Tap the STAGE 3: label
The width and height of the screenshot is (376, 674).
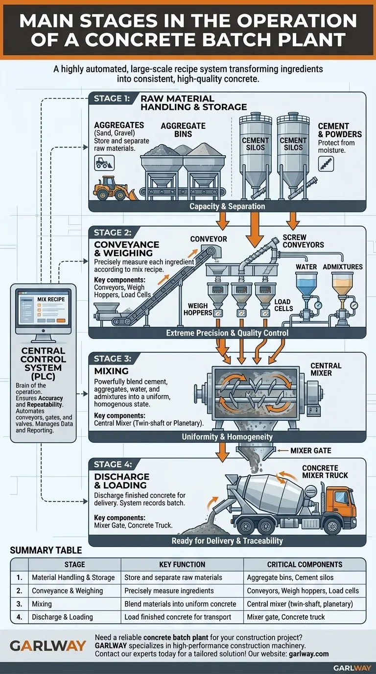[112, 359]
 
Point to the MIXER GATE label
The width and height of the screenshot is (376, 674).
[310, 450]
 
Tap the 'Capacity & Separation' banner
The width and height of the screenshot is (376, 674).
[227, 206]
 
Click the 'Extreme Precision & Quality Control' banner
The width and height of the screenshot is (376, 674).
[227, 333]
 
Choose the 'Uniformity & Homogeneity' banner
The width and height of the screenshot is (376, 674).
[227, 436]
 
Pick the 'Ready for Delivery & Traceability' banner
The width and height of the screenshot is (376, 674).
[227, 541]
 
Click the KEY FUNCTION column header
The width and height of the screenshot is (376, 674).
[182, 564]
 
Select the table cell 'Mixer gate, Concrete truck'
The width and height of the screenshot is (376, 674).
[286, 617]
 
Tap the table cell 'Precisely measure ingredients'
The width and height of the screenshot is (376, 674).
[169, 591]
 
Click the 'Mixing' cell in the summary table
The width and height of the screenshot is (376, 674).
[42, 604]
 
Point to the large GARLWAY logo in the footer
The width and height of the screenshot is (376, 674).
[48, 646]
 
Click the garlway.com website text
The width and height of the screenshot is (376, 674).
[308, 654]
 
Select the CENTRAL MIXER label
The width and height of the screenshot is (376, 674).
[326, 369]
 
